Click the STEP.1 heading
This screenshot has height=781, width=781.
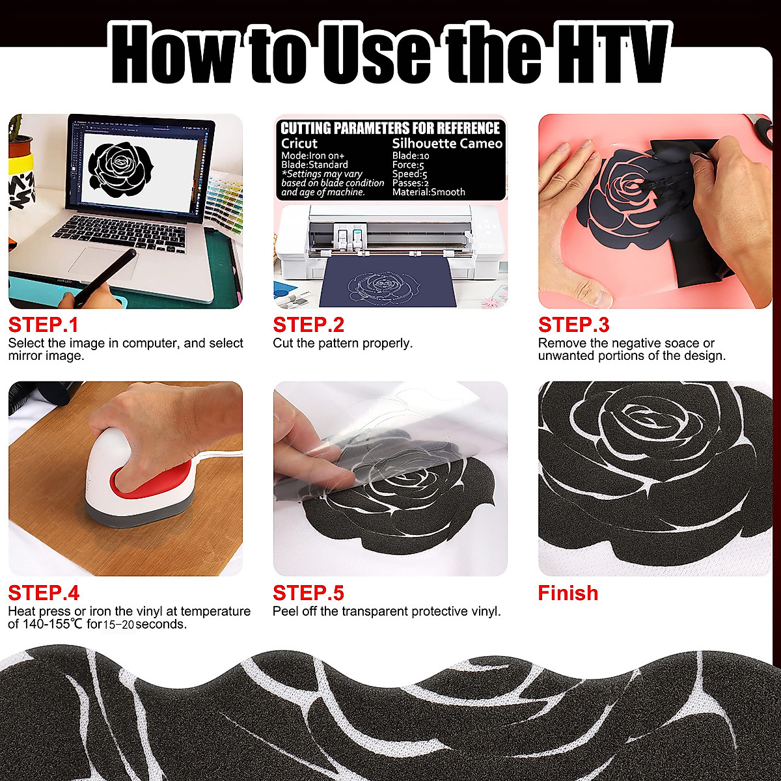[x=43, y=325]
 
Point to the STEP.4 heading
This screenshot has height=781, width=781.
[x=44, y=593]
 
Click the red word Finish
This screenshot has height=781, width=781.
[x=568, y=593]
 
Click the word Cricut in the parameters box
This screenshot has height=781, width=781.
[x=299, y=143]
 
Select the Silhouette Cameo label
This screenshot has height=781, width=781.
[x=447, y=143]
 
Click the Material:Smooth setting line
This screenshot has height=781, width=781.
[x=428, y=192]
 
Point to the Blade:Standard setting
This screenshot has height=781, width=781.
[x=314, y=165]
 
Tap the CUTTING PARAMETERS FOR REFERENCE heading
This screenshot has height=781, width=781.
[x=390, y=128]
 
